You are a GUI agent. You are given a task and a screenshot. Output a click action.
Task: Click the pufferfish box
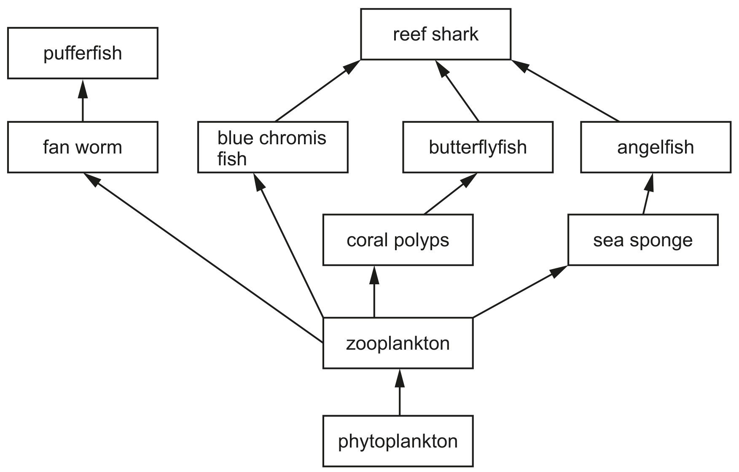(83, 53)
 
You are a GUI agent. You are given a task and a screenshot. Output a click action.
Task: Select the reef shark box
(436, 34)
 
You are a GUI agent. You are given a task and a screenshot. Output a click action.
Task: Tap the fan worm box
(83, 147)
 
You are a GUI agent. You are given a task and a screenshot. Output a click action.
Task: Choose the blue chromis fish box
(273, 147)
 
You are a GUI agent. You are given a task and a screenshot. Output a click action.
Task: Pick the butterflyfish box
(478, 147)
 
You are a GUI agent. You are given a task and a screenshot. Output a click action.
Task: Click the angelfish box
(656, 147)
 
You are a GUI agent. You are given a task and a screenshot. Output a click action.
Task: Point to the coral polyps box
(398, 240)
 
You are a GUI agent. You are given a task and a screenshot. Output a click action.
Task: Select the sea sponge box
(643, 240)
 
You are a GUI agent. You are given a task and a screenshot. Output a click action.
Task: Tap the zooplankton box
(398, 343)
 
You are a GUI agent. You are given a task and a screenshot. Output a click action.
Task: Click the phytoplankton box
(398, 441)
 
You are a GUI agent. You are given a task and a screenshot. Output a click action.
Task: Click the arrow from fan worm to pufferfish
(83, 100)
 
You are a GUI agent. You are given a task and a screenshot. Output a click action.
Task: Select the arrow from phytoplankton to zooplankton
(400, 392)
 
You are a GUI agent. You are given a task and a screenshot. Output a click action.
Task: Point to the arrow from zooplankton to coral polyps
(374, 291)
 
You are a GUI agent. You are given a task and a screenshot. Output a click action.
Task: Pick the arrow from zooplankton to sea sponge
(520, 291)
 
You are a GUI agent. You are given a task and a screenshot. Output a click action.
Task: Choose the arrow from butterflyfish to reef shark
(457, 91)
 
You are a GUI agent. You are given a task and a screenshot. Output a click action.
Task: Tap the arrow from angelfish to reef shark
(565, 91)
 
